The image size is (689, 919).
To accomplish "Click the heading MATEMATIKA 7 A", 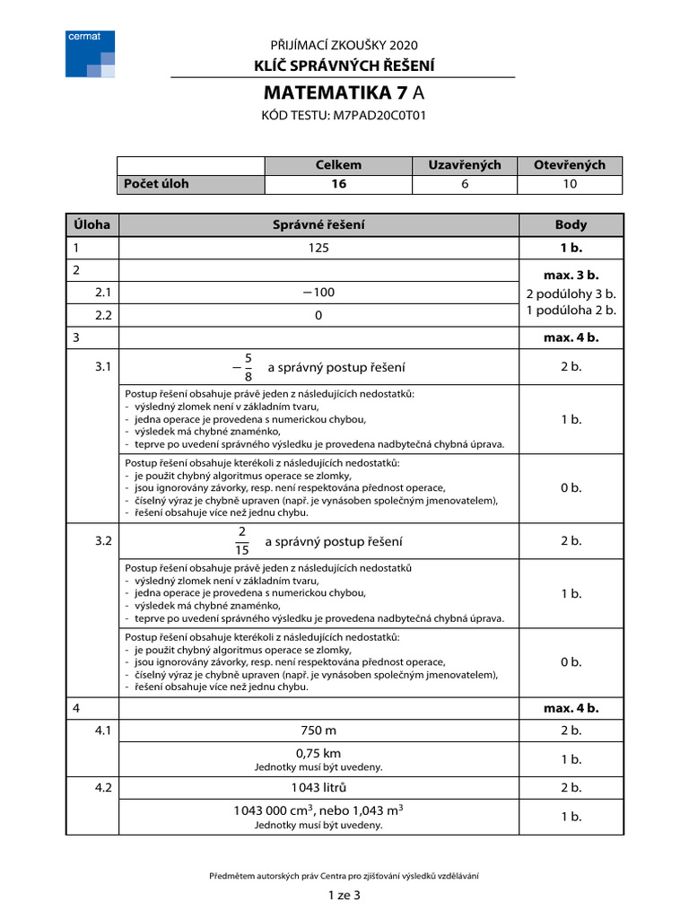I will pyautogui.click(x=344, y=94).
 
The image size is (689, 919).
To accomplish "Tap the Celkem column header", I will pyautogui.click(x=338, y=165).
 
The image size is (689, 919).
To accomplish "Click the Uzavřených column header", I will pyautogui.click(x=464, y=165).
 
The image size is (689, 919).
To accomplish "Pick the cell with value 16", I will pyautogui.click(x=338, y=184).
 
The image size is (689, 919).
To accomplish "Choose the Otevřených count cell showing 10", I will pyautogui.click(x=569, y=184).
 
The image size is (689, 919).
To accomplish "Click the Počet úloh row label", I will pyautogui.click(x=157, y=184).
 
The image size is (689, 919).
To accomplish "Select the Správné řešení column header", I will pyautogui.click(x=318, y=224).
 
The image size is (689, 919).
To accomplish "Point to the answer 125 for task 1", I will pyautogui.click(x=318, y=249).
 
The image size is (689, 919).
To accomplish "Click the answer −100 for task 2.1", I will pyautogui.click(x=318, y=293).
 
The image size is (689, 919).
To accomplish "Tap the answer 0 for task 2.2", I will pyautogui.click(x=318, y=316).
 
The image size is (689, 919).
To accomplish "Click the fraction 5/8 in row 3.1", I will pyautogui.click(x=248, y=367).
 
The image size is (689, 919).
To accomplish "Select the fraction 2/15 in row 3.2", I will pyautogui.click(x=242, y=541).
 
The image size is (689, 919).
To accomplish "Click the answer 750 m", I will pyautogui.click(x=318, y=731).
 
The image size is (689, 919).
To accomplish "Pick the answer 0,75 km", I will pyautogui.click(x=318, y=753).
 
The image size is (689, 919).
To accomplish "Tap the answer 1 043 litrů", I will pyautogui.click(x=318, y=787).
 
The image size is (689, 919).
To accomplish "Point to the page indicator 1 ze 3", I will pyautogui.click(x=344, y=895).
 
